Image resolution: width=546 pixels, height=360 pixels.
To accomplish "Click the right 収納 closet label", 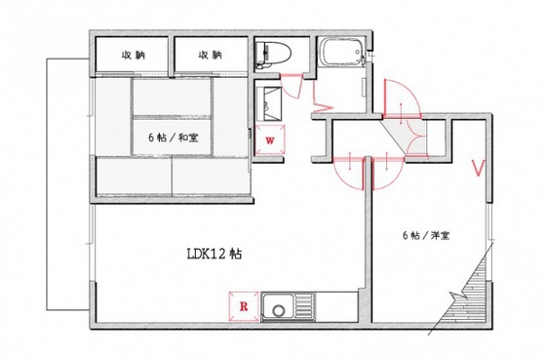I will pos(210,56).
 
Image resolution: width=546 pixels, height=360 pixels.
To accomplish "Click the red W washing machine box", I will pos(269,140).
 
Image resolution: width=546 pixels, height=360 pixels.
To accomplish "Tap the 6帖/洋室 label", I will pos(426,235).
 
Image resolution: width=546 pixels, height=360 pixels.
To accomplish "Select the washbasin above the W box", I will pos(271,101).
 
